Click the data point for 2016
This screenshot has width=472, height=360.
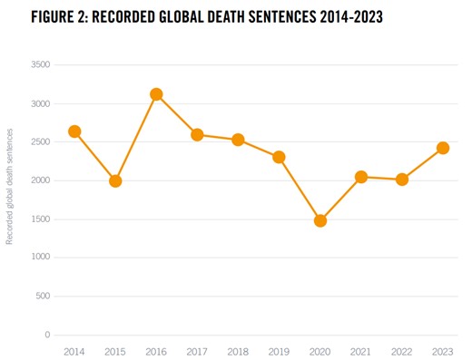pos(156,94)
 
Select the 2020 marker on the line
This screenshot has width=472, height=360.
pos(320,220)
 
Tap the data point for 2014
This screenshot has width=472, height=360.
pos(74,131)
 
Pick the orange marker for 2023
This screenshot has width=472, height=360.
pos(442,148)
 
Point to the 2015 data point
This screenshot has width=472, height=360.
pos(115,181)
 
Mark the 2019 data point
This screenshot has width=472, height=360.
pos(279,157)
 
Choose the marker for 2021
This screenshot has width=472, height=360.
pos(360,177)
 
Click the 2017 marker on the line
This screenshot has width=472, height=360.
pos(197,135)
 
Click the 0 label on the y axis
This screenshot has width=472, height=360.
pos(47,335)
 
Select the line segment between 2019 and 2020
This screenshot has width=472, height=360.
pos(300,189)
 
